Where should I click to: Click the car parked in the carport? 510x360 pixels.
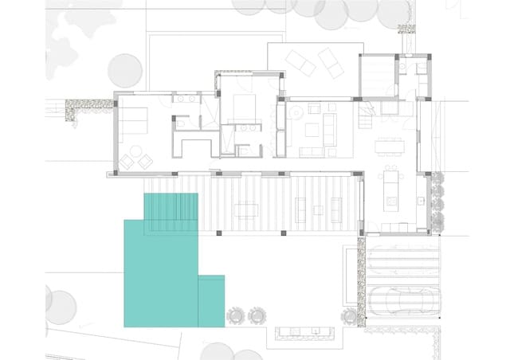[403, 300]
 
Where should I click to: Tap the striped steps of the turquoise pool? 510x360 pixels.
[171, 211]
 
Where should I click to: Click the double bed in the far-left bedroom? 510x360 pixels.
[133, 120]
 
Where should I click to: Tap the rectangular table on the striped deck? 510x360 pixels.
[245, 210]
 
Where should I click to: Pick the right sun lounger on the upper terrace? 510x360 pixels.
[329, 60]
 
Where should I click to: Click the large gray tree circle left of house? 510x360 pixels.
[124, 70]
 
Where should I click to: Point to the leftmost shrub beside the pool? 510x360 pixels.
[236, 315]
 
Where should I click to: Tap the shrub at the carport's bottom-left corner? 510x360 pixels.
[350, 316]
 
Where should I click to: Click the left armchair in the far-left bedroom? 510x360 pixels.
[127, 162]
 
